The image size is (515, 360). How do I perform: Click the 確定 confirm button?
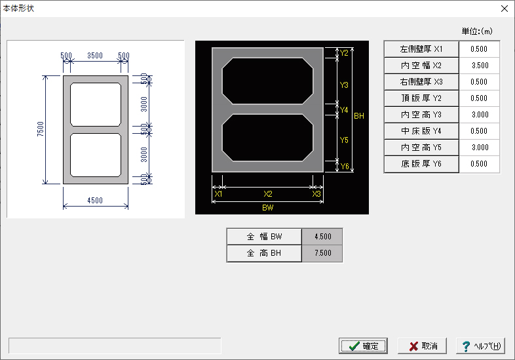point(363,346)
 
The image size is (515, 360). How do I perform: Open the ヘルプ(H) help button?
point(480,346)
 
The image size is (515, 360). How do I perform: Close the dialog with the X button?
point(505,9)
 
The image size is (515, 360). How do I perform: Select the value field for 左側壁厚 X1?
point(479,49)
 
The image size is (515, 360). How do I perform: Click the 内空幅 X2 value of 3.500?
point(479,66)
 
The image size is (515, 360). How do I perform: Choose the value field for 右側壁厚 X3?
point(479,82)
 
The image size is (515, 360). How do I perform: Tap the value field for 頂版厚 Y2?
point(479,98)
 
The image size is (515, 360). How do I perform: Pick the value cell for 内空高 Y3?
point(479,115)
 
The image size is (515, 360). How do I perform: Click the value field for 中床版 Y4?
point(479,131)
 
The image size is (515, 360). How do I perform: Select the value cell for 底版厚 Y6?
point(479,164)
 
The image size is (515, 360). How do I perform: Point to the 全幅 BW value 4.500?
point(322,236)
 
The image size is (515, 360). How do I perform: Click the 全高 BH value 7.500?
point(322,253)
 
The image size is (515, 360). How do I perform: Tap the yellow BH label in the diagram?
point(359,116)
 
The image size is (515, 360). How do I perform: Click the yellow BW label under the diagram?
point(268,208)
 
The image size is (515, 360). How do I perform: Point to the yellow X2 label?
point(268,194)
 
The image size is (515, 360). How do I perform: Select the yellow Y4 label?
point(344,110)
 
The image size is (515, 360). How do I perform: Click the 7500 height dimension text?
point(41,129)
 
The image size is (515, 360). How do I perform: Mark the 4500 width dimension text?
point(95,201)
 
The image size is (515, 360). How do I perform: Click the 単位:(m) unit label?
point(477,31)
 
